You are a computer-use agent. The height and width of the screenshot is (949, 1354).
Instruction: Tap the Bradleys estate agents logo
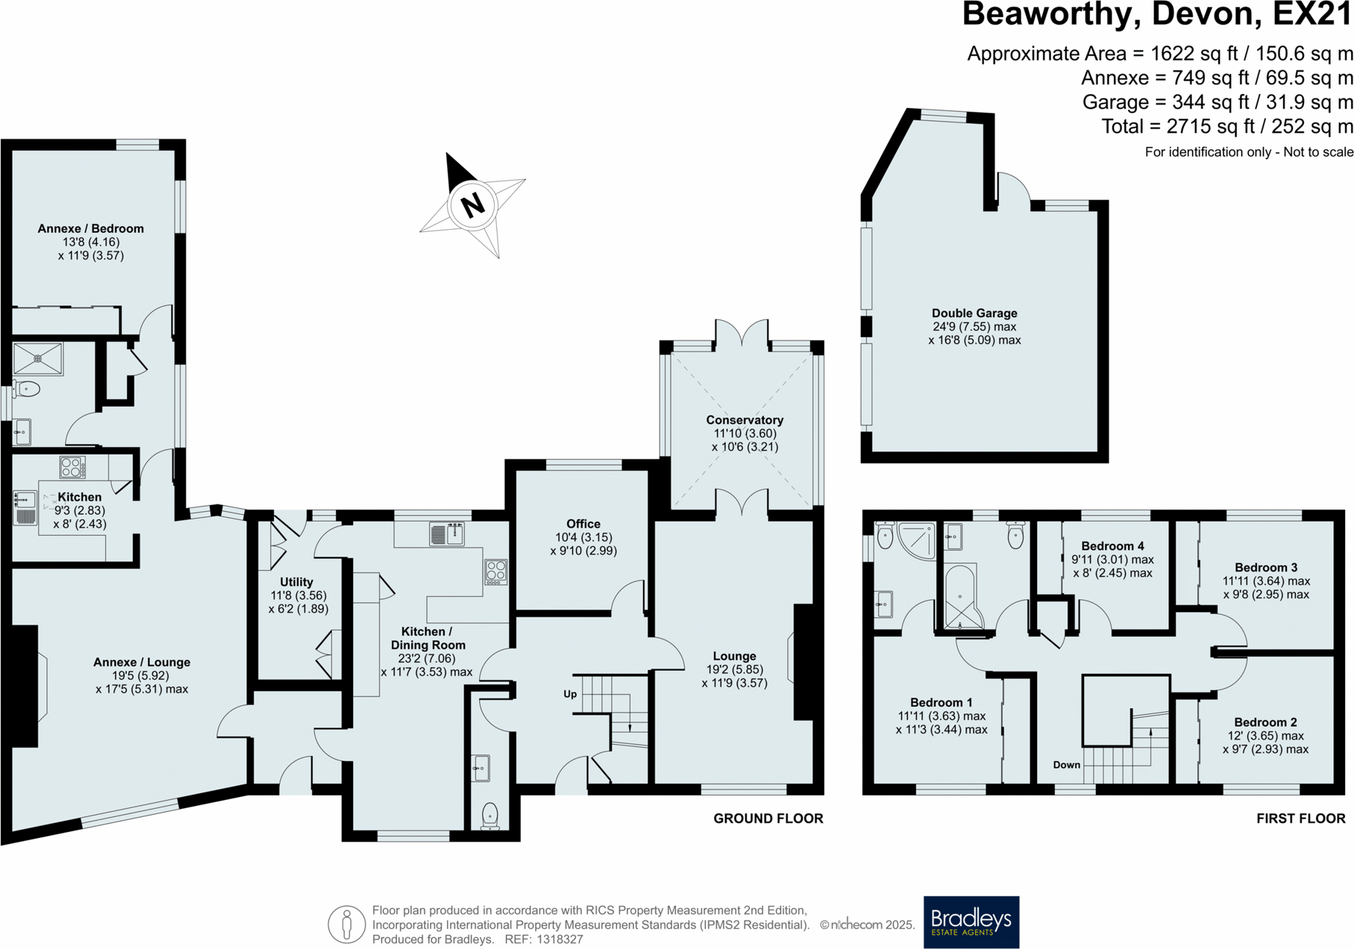coord(971,922)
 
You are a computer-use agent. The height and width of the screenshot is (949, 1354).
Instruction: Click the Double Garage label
coord(974,313)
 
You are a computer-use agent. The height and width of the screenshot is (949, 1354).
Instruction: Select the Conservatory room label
coord(744,420)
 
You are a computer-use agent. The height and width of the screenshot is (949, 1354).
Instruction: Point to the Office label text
coord(583,523)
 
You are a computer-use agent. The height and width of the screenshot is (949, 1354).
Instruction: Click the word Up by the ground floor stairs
coord(569,694)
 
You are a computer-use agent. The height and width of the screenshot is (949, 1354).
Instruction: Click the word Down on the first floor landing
coord(1066,765)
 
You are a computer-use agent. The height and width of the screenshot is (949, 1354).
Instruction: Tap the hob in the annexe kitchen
coord(72,467)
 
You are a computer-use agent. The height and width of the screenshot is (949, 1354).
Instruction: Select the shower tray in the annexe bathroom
coord(38,359)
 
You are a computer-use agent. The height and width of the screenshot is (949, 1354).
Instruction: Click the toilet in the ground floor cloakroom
coord(489,815)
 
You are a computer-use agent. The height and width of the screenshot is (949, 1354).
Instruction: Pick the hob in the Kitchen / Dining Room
coord(495,572)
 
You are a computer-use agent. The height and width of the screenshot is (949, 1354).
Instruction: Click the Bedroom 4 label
coord(1112,546)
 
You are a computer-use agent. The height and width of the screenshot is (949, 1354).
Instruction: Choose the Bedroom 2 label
coord(1265,722)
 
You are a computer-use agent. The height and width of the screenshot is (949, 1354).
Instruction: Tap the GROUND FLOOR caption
coord(768,818)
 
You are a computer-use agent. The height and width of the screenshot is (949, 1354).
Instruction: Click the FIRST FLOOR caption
coord(1300,818)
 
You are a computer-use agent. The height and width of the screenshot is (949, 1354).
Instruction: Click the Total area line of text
coord(1226,127)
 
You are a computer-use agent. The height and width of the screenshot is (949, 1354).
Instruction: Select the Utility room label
coord(296,582)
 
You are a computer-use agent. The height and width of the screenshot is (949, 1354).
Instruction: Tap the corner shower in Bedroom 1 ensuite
coord(917,539)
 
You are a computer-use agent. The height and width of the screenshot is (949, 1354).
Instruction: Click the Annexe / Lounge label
coord(142,662)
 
